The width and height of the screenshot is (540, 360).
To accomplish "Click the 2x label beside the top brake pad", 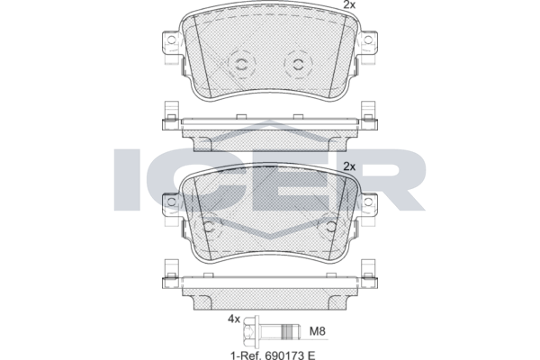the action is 349,4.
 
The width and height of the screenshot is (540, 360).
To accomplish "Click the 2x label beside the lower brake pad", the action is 349,166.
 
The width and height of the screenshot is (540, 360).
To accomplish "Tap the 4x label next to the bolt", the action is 233,319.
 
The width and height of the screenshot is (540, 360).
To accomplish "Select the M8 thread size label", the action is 317,331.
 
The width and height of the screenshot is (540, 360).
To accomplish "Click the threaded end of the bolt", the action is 292,332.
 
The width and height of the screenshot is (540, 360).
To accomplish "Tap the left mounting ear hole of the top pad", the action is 171,40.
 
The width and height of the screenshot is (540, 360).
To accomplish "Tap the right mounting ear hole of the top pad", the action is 368,40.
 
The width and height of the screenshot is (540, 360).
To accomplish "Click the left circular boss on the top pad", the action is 241,64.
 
